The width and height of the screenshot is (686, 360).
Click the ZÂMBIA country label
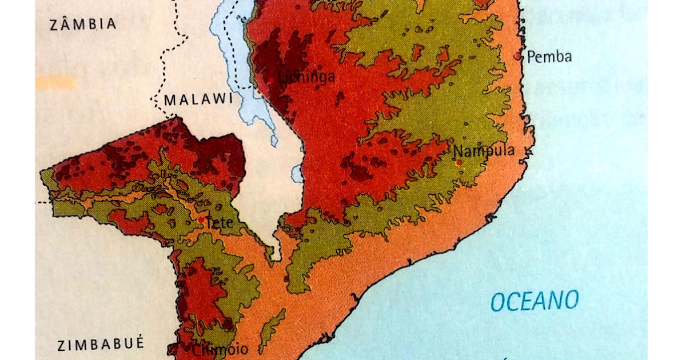pyautogui.click(x=83, y=24)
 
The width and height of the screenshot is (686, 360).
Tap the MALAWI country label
pyautogui.click(x=199, y=99)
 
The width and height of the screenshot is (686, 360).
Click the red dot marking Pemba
pyautogui.click(x=519, y=56)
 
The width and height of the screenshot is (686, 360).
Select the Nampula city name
pyautogui.click(x=484, y=151)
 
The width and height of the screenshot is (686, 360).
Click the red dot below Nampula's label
pyautogui.click(x=459, y=163)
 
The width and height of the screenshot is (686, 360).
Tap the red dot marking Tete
pyautogui.click(x=201, y=219)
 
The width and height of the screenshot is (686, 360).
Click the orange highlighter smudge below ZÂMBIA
pyautogui.click(x=55, y=83)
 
